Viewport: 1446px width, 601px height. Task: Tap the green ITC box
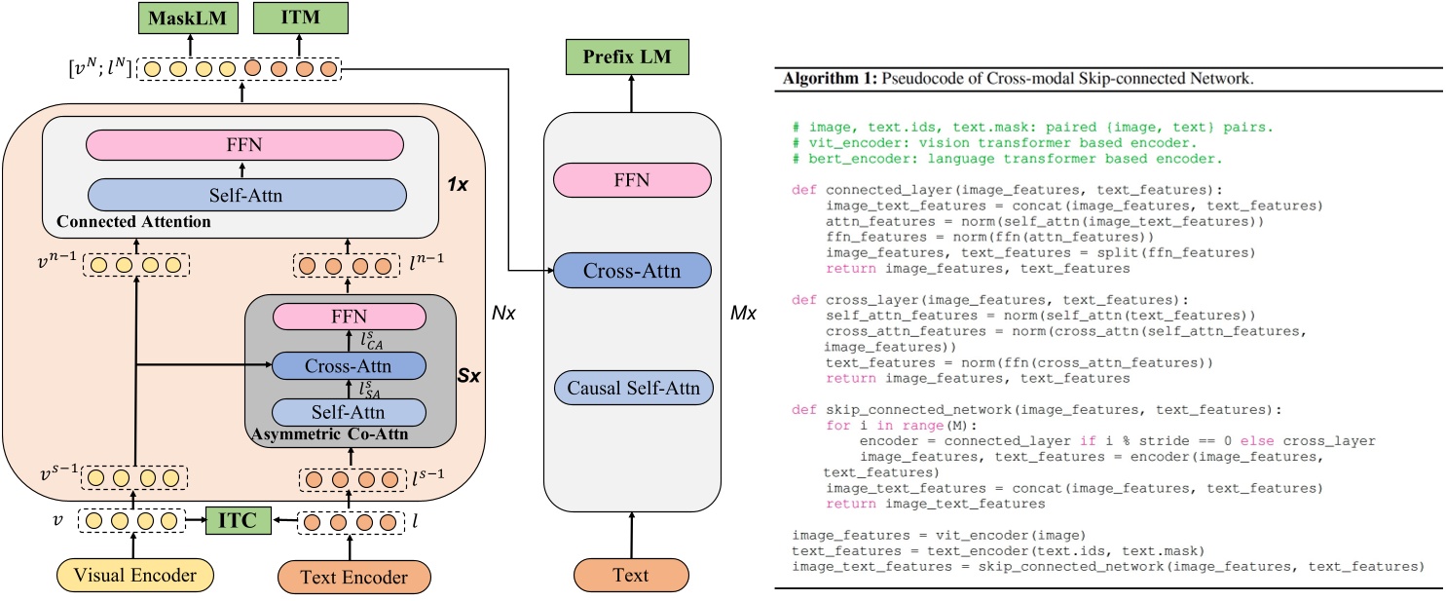(237, 521)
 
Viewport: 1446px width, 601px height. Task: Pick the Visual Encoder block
(135, 576)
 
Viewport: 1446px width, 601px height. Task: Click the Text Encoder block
(354, 577)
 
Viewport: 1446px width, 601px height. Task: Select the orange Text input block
(631, 575)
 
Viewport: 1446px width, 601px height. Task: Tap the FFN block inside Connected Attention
(244, 146)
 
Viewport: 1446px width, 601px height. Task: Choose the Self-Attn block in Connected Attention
(244, 194)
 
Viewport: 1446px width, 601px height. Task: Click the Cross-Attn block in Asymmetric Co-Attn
(349, 365)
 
